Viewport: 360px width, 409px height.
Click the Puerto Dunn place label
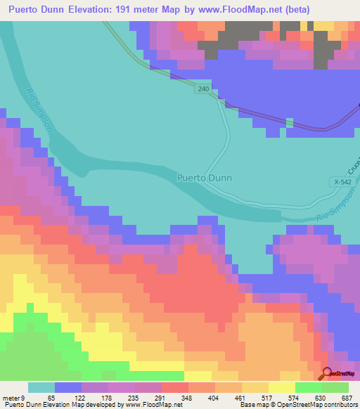coord(204,178)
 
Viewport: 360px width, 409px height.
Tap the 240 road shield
coord(203,89)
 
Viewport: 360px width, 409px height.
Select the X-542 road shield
coord(342,182)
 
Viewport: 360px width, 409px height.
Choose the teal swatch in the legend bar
coord(41,387)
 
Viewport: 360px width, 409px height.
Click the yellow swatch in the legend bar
coord(282,387)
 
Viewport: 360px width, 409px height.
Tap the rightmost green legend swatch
coord(335,387)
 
